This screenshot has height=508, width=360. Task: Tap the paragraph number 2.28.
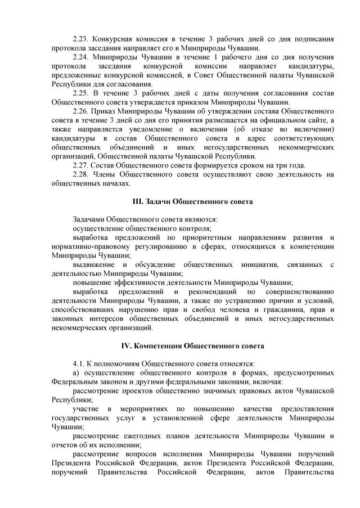pyautogui.click(x=82, y=174)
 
